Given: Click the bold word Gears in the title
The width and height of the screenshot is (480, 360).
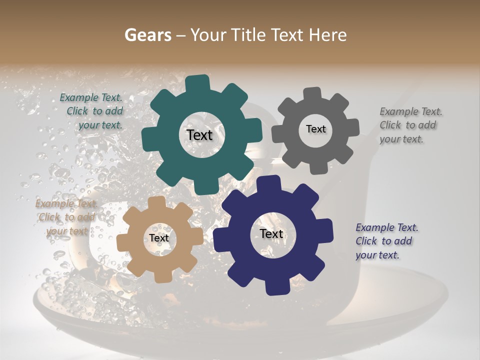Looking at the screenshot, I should [148, 35].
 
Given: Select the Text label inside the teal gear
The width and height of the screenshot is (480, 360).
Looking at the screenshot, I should [199, 135].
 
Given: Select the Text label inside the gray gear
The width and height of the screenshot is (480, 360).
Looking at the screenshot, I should [316, 129].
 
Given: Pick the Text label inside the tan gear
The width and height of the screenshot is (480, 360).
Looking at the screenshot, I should [159, 238].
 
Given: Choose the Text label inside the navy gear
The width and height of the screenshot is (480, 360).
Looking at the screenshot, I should [271, 233].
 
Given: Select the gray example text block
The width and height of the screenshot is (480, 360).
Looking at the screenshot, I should [410, 125].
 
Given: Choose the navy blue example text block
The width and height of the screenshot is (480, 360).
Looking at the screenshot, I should [386, 241].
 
